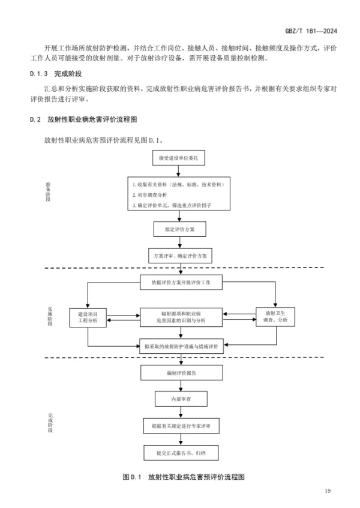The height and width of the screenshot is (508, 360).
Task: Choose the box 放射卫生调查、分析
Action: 275,317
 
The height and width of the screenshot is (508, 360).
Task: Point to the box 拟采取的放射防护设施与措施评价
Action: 181,346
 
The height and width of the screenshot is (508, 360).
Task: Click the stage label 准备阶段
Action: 48,191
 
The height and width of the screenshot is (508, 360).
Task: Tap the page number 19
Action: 326,492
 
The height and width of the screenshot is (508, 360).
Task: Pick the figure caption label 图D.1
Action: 131,477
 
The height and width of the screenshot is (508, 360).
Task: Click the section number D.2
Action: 35,119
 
